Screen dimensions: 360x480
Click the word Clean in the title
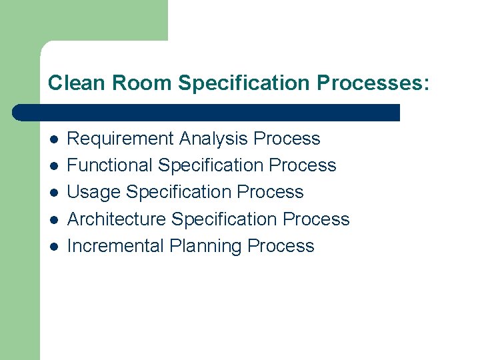(75, 83)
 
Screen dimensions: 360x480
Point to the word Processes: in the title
(374, 83)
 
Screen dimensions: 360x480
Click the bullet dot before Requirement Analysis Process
(54, 139)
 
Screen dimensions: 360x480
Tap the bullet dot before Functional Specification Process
(54, 166)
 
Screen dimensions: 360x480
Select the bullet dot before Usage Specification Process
(54, 193)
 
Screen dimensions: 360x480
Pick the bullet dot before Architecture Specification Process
(54, 219)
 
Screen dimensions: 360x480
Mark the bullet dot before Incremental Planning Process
(54, 246)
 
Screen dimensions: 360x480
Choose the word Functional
(110, 165)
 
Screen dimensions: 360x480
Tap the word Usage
(94, 193)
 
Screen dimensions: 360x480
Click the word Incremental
(115, 245)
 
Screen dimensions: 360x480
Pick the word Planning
(205, 246)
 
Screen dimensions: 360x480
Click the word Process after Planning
(281, 245)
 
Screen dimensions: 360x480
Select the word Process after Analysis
(287, 139)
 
